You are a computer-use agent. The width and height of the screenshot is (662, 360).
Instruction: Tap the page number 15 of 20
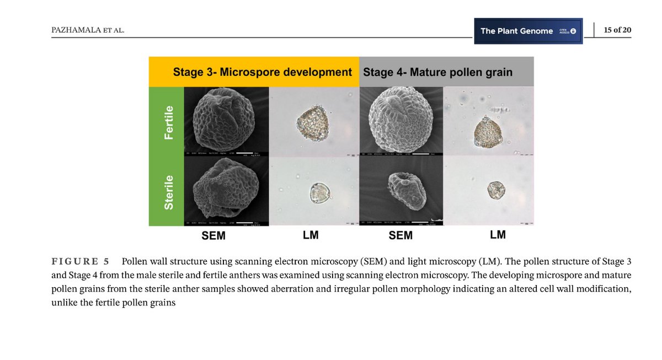[x=617, y=30]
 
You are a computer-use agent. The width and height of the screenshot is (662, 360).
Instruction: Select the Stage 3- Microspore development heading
[x=262, y=72]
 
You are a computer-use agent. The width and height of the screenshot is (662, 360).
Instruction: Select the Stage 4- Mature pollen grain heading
[x=437, y=72]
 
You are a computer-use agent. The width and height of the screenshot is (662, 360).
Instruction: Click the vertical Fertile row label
[x=168, y=122]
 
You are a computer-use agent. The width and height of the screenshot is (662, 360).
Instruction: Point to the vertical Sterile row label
[x=168, y=192]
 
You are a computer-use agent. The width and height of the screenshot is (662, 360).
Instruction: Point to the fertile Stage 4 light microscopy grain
[x=488, y=134]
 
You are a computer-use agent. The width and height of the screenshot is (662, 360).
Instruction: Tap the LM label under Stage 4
[x=498, y=235]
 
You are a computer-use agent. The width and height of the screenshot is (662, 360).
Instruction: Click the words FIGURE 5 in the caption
[x=80, y=261]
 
